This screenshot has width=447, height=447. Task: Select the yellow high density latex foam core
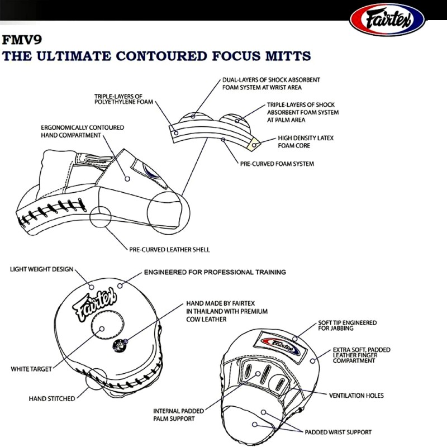(254, 144)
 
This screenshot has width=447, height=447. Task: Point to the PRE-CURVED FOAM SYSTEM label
(277, 164)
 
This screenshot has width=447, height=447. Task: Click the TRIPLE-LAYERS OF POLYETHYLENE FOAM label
(123, 99)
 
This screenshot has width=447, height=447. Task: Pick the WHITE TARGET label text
(32, 369)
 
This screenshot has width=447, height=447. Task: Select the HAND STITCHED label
(52, 399)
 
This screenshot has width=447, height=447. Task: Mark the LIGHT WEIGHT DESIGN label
(41, 269)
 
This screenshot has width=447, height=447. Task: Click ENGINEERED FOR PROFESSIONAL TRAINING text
(215, 272)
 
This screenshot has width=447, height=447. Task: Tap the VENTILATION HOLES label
(356, 396)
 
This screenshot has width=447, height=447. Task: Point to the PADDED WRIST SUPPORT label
(338, 432)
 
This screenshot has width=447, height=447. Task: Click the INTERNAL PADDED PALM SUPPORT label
(174, 415)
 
